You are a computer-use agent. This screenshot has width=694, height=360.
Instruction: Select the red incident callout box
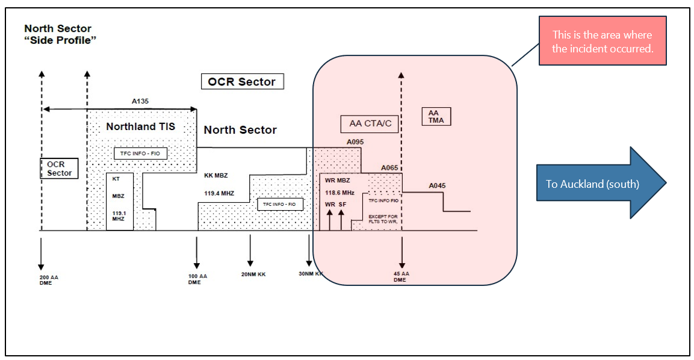pyautogui.click(x=603, y=42)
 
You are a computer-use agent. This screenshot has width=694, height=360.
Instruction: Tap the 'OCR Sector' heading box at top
pyautogui.click(x=242, y=82)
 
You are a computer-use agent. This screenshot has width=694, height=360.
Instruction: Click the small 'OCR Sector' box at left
pyautogui.click(x=60, y=169)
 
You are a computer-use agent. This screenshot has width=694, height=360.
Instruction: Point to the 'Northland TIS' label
pyautogui.click(x=141, y=127)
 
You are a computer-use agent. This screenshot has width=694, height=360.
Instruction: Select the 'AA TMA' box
pyautogui.click(x=437, y=116)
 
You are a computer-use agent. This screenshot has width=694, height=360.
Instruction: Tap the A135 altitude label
pyautogui.click(x=141, y=102)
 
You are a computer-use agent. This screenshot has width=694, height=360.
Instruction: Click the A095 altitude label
pyautogui.click(x=355, y=142)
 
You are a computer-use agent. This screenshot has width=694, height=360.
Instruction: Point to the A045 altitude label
pyautogui.click(x=437, y=186)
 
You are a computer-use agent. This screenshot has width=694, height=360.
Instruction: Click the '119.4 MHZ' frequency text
pyautogui.click(x=219, y=194)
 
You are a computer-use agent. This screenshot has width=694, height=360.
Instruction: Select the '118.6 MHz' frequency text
pyautogui.click(x=339, y=193)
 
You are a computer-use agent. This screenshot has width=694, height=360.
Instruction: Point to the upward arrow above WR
pyautogui.click(x=330, y=219)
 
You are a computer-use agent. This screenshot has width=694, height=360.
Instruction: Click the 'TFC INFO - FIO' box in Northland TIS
pyautogui.click(x=140, y=154)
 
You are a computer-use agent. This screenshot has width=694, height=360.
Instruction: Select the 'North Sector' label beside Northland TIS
pyautogui.click(x=240, y=130)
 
